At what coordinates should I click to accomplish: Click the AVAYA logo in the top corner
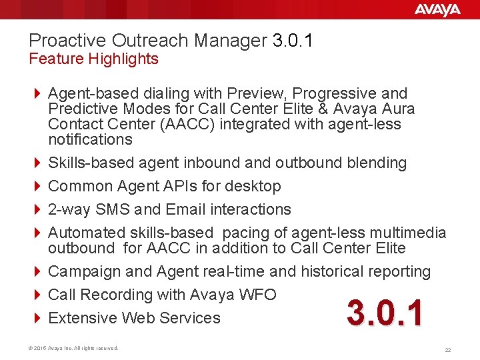point(437,9)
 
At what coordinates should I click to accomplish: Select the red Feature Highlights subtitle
point(94,59)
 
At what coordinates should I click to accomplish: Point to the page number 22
point(447,349)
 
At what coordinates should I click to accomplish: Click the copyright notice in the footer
point(74,348)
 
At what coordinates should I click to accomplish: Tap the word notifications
point(90,139)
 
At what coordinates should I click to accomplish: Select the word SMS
point(113,209)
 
